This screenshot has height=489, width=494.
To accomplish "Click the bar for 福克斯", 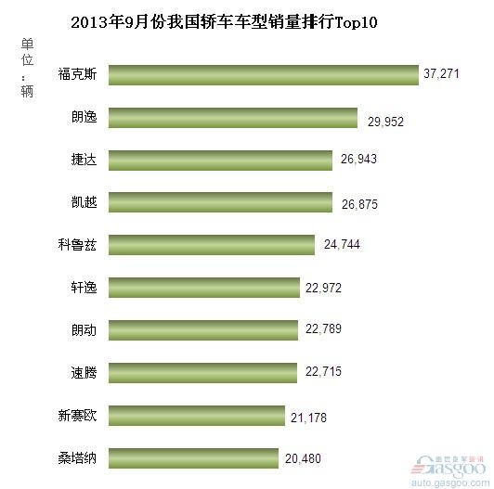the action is click(x=264, y=75).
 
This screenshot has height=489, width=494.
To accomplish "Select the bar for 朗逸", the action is click(x=233, y=118).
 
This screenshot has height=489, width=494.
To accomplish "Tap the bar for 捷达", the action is click(x=221, y=161).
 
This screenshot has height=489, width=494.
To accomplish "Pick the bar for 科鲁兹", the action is click(x=212, y=245).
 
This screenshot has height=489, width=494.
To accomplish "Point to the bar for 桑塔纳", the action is click(x=193, y=458).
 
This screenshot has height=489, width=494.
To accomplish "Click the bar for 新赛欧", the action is click(x=197, y=416).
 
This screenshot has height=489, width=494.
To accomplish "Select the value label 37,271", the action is click(x=441, y=73).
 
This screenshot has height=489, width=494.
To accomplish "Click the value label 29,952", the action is click(x=385, y=122).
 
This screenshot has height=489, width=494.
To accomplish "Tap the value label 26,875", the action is click(x=359, y=205).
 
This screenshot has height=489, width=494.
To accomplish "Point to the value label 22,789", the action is click(x=323, y=329).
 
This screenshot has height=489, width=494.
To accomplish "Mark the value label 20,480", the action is click(x=303, y=458).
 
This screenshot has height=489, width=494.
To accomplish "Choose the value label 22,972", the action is click(x=323, y=288).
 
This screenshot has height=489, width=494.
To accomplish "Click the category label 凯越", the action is click(x=84, y=202).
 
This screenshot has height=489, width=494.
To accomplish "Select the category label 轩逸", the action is click(x=84, y=288).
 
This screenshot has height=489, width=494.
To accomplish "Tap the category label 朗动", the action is click(x=84, y=330).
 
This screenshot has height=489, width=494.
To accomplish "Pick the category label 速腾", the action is click(x=84, y=373).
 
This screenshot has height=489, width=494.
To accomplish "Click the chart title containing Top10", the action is click(x=224, y=22).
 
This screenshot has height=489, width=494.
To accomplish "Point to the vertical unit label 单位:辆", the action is click(x=27, y=68).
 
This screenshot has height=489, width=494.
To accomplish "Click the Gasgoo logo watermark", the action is click(x=448, y=466).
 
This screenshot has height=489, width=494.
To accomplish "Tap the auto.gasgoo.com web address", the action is click(x=450, y=483).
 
